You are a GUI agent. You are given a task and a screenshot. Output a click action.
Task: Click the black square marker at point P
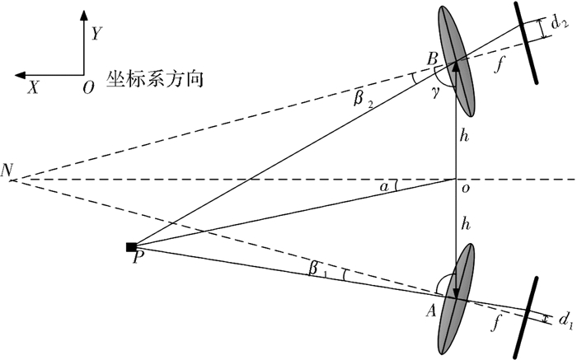point(131,247)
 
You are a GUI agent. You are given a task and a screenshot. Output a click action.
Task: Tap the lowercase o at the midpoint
point(466,191)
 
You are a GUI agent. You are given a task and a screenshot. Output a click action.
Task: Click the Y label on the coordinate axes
point(96,34)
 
